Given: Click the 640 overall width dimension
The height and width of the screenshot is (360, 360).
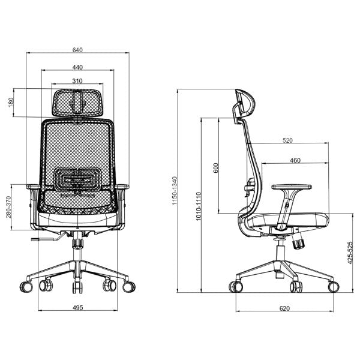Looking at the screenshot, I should (77, 49).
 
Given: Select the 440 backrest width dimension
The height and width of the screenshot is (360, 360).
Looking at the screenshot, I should (77, 67).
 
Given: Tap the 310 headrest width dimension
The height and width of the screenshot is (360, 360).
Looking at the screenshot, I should (77, 80).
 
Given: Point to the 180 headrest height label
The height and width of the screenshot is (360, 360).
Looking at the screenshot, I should (10, 103).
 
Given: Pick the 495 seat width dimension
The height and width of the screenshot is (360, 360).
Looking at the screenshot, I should (77, 308).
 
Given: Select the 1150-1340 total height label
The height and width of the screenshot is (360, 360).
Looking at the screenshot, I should (175, 191).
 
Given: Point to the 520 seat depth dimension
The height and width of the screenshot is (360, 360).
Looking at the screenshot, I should (287, 140).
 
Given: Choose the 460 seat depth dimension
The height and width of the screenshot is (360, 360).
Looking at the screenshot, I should (295, 160).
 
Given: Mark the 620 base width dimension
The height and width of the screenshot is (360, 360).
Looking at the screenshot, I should (284, 308).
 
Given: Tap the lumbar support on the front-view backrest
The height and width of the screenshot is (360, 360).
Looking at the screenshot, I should (77, 180).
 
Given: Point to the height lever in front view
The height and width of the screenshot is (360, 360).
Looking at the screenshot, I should (45, 240).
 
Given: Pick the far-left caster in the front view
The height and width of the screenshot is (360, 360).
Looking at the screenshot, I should (25, 286).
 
